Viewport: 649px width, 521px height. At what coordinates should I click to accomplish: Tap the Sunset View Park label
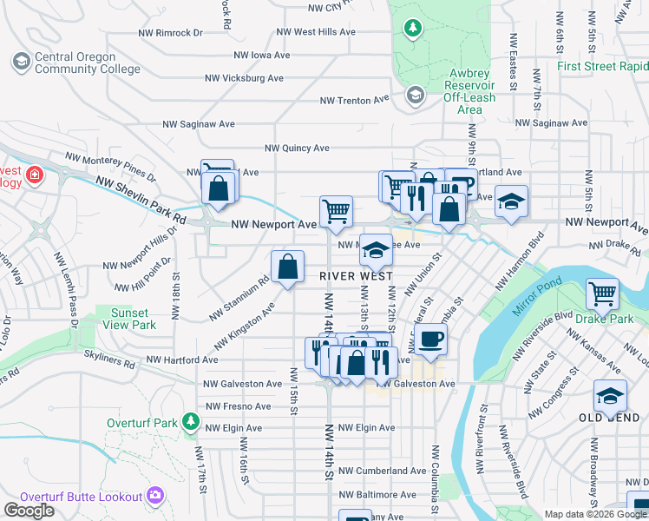(x=131, y=319)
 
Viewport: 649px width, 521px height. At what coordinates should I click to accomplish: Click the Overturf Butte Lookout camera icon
(x=156, y=496)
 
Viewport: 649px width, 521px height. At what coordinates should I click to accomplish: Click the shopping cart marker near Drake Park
(x=602, y=293)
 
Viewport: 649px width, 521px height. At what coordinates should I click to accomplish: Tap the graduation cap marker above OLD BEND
(x=610, y=395)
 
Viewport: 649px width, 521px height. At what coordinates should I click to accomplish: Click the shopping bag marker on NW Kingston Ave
(x=287, y=267)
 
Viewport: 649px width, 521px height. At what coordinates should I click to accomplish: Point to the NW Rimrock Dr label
(x=171, y=32)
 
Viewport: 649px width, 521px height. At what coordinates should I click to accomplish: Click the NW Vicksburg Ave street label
(x=244, y=77)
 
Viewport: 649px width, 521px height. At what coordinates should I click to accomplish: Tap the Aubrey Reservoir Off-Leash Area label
(x=469, y=91)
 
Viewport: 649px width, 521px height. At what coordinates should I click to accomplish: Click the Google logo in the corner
(x=29, y=510)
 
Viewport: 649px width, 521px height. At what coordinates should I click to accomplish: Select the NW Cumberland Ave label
(x=382, y=471)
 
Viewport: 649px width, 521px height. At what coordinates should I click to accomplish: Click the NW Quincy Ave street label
(x=297, y=148)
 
